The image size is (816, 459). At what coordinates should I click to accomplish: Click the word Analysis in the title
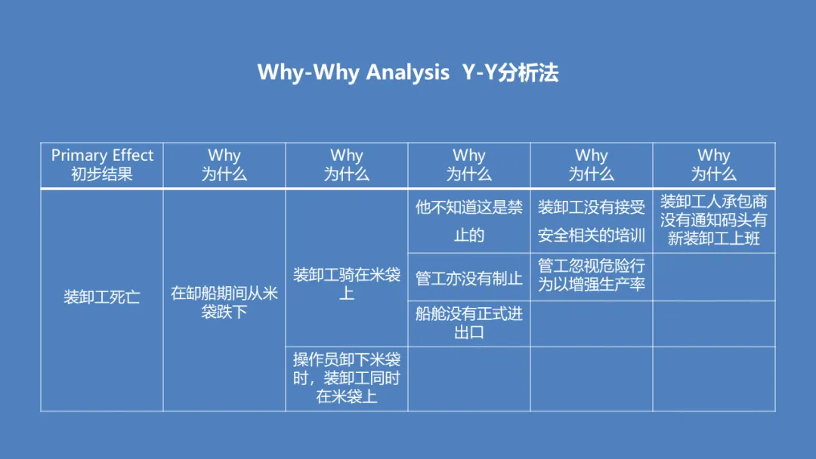pos(407,72)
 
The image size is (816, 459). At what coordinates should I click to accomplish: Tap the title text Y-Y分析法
pos(510,72)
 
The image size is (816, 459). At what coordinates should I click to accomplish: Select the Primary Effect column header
pos(102,165)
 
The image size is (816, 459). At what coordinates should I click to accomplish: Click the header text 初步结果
pos(102,174)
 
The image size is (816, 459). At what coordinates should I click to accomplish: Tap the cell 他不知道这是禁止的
pos(469,221)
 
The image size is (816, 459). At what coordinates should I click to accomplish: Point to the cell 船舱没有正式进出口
pos(469,323)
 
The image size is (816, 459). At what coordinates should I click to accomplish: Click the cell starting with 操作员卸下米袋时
pos(347,378)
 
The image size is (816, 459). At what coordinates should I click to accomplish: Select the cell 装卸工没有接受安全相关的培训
pos(591,221)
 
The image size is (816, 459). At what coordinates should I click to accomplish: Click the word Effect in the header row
pos(133,155)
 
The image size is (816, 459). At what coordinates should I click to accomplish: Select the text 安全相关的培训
pos(591,236)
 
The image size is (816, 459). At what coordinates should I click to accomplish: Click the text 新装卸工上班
pos(713,239)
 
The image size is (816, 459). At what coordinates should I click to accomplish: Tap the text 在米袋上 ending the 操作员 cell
pos(347,396)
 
